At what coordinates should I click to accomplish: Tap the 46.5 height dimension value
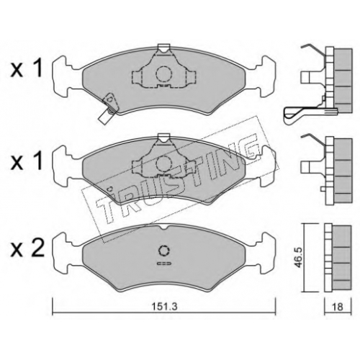(298, 258)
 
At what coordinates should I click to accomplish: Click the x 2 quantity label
(27, 249)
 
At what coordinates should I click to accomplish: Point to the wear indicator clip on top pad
(108, 108)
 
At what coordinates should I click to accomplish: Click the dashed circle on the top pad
(164, 74)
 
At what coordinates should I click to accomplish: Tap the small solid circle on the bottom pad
(164, 251)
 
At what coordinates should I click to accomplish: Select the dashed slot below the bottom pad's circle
(164, 264)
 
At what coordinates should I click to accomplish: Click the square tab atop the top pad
(164, 48)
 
